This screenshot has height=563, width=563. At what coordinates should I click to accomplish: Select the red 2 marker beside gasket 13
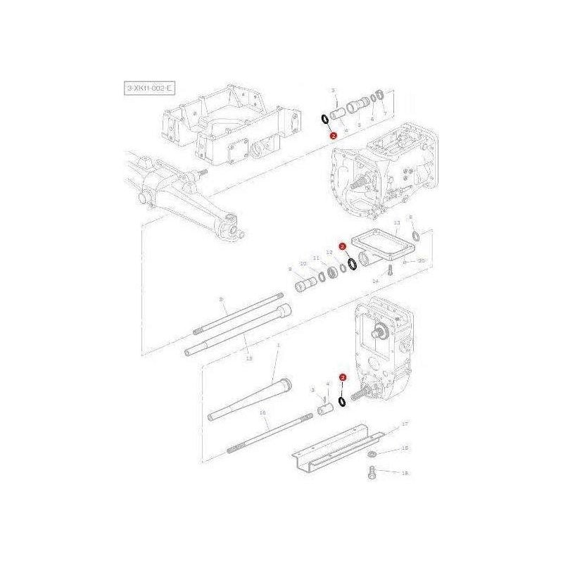click(341, 247)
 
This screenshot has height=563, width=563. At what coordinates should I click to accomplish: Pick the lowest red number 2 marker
click(342, 378)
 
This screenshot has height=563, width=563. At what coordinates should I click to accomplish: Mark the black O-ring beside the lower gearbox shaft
click(341, 400)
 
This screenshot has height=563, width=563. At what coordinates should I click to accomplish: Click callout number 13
click(397, 223)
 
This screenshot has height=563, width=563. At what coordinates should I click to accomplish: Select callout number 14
click(376, 281)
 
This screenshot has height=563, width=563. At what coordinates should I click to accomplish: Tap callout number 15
click(248, 358)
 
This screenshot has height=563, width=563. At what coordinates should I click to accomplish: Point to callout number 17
click(405, 424)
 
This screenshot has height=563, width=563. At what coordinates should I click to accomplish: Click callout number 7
click(385, 113)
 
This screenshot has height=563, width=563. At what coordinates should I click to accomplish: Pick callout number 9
click(289, 269)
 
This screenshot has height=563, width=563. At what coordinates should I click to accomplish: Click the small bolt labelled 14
click(388, 270)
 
